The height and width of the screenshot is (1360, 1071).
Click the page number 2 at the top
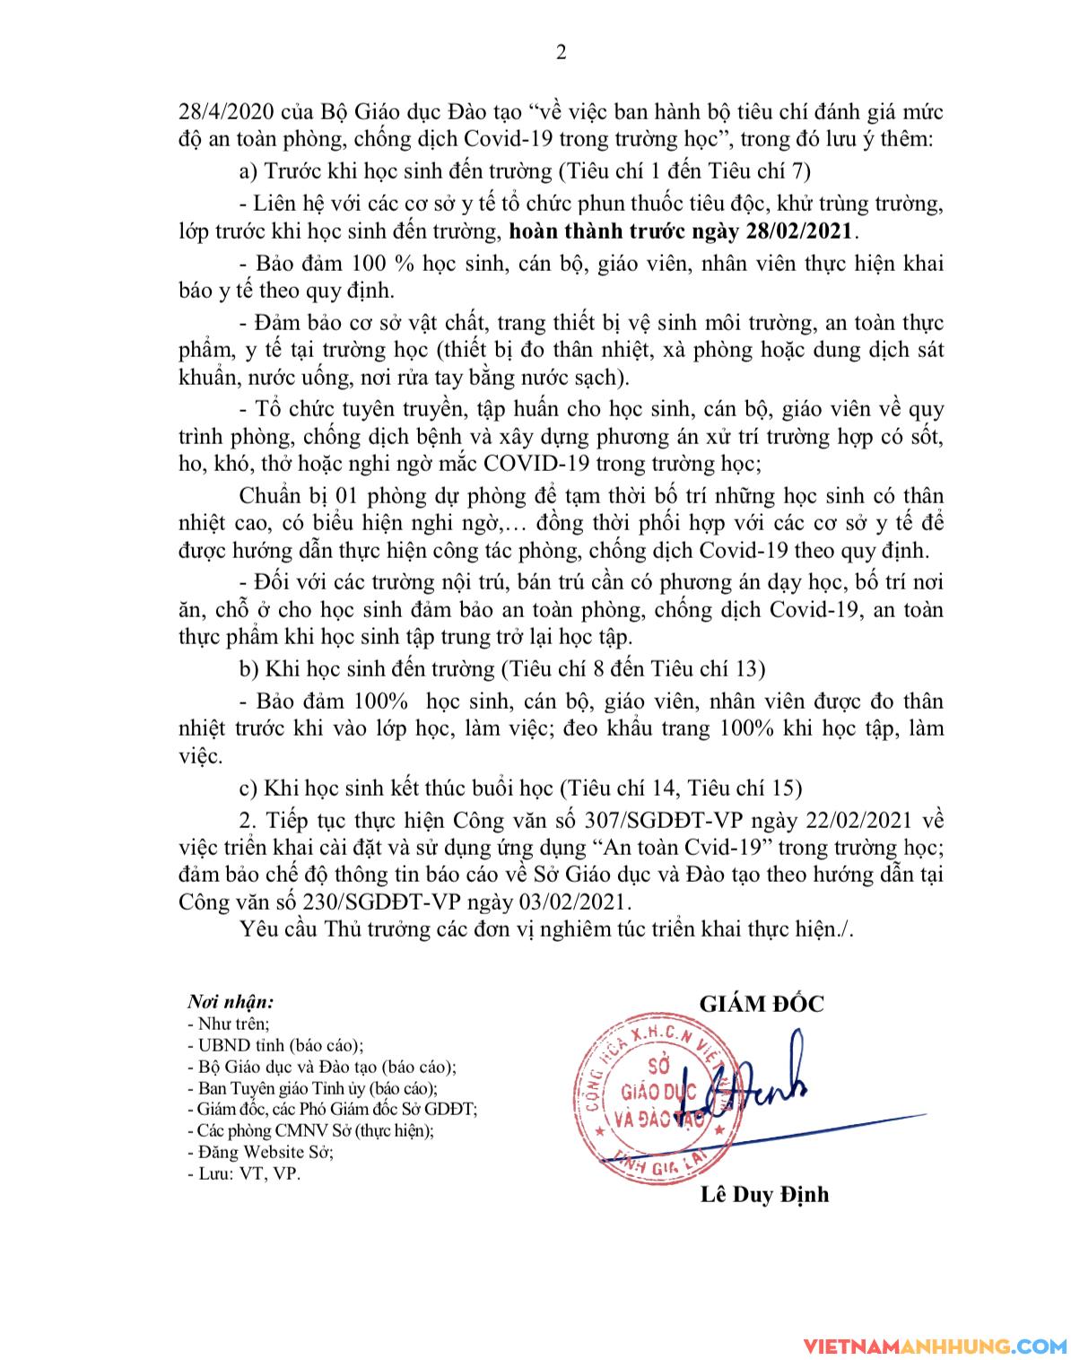(562, 53)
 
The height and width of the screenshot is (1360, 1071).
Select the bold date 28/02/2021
(800, 231)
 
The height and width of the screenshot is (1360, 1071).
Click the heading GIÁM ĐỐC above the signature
(761, 1004)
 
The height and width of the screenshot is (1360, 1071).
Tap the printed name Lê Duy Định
(763, 1194)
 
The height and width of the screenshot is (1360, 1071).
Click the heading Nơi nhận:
(231, 1001)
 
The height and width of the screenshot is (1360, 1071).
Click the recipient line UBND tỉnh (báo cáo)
(274, 1045)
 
